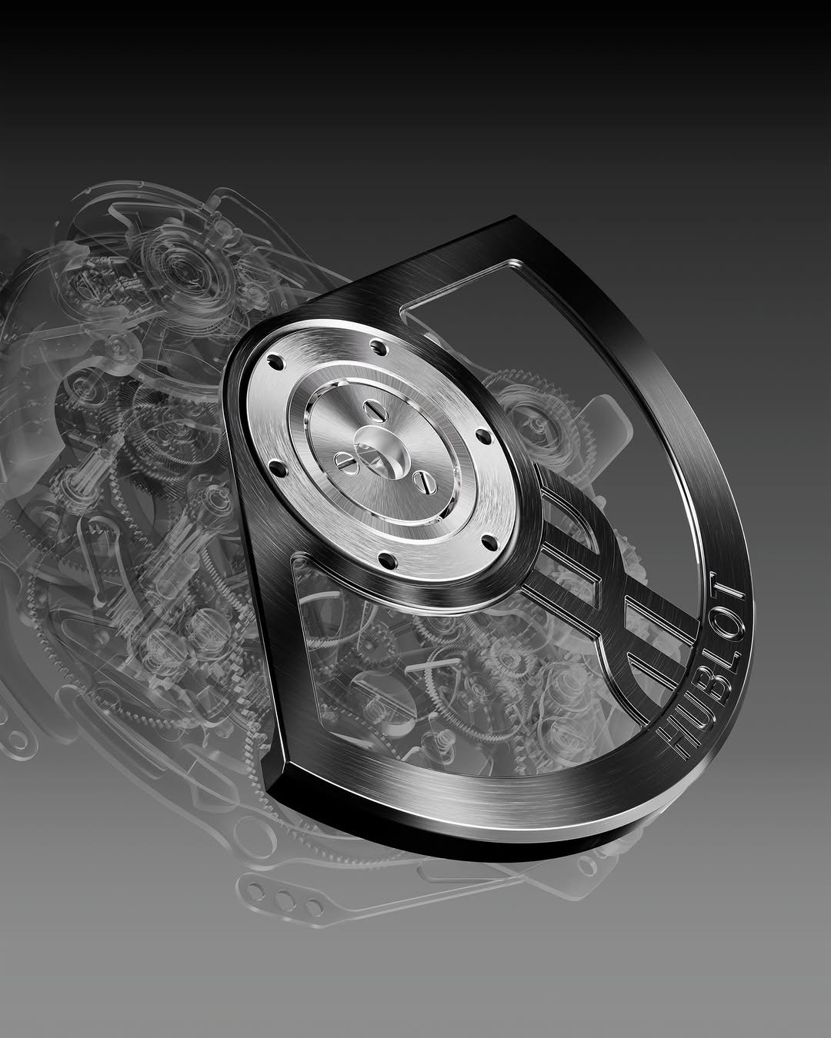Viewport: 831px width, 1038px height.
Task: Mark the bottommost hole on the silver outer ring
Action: coord(383,553)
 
